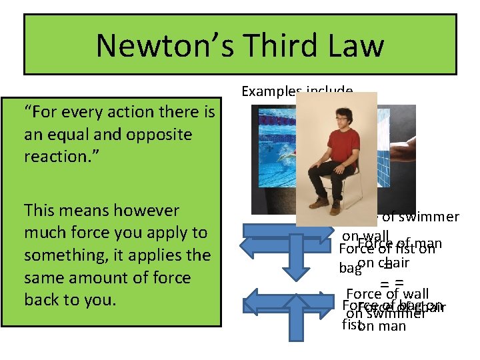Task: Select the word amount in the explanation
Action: click(x=110, y=277)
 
